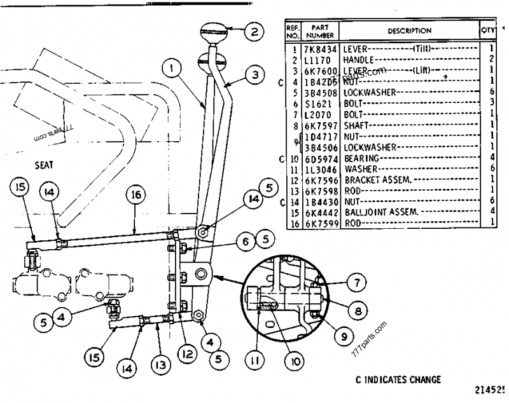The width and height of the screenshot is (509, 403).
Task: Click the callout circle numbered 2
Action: click(x=253, y=31)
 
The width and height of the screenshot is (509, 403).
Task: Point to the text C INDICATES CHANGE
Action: click(x=398, y=379)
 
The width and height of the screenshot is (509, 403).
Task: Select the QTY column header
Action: click(x=487, y=31)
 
